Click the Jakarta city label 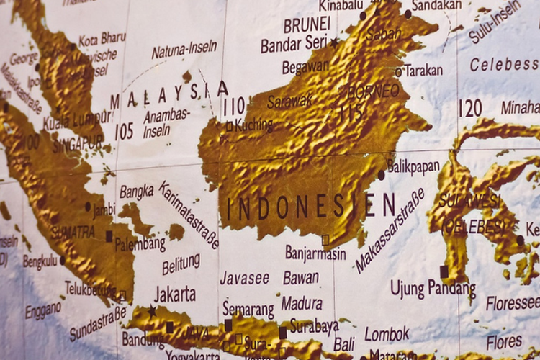pyautogui.click(x=175, y=294)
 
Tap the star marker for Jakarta pyautogui.click(x=152, y=311)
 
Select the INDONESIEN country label pyautogui.click(x=310, y=207)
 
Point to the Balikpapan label pyautogui.click(x=413, y=166)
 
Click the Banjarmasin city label pyautogui.click(x=315, y=253)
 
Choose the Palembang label pyautogui.click(x=140, y=243)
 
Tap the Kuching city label pyautogui.click(x=254, y=125)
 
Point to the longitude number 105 pyautogui.click(x=124, y=131)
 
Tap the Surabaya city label pyautogui.click(x=314, y=326)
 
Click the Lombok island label pyautogui.click(x=387, y=333)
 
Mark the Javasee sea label pyautogui.click(x=244, y=278)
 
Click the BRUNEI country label pyautogui.click(x=306, y=25)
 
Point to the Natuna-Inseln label pyautogui.click(x=184, y=50)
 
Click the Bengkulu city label pyautogui.click(x=40, y=261)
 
